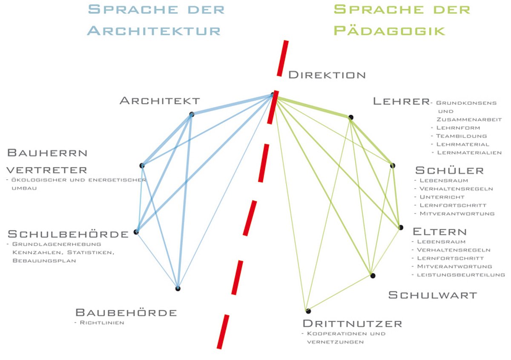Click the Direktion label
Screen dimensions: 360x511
click(x=327, y=75)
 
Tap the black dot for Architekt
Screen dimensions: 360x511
click(x=192, y=114)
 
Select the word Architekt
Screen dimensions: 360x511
click(x=160, y=101)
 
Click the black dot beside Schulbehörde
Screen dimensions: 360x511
click(x=136, y=232)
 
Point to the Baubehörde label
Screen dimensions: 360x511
click(x=126, y=313)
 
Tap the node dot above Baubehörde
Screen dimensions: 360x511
click(x=178, y=289)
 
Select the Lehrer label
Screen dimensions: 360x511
click(x=400, y=101)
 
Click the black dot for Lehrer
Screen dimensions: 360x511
click(x=350, y=117)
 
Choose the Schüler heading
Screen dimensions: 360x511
click(x=449, y=171)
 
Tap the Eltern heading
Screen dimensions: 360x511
click(x=439, y=232)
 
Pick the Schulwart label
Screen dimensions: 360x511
click(x=432, y=295)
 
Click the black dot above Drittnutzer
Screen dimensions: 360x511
click(x=307, y=311)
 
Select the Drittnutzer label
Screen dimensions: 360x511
click(x=352, y=323)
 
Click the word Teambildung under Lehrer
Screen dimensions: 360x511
click(x=461, y=136)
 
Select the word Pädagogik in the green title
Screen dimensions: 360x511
click(x=389, y=31)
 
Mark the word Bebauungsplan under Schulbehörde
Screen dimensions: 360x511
click(x=44, y=260)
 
